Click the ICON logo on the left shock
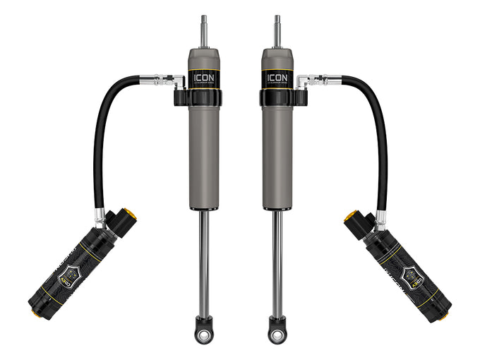click(205, 76)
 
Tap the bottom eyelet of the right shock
click(277, 328)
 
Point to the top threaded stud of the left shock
click(203, 28)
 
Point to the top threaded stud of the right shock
click(277, 28)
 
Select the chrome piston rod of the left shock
click(203, 261)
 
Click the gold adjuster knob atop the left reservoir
click(130, 213)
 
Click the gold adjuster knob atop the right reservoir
click(350, 213)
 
